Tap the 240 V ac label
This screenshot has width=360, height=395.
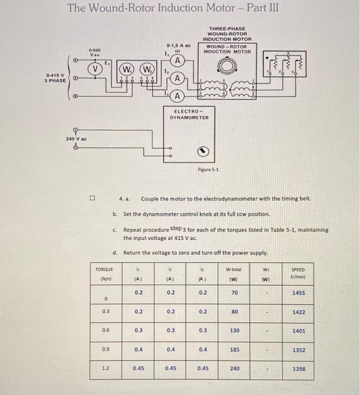(76, 138)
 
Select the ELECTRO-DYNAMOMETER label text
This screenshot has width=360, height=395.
(189, 115)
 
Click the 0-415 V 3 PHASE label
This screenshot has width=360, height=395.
(56, 77)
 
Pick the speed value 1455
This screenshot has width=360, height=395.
(299, 293)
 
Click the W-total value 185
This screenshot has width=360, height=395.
(235, 350)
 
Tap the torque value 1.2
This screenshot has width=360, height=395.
(104, 369)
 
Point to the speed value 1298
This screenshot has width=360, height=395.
(299, 369)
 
